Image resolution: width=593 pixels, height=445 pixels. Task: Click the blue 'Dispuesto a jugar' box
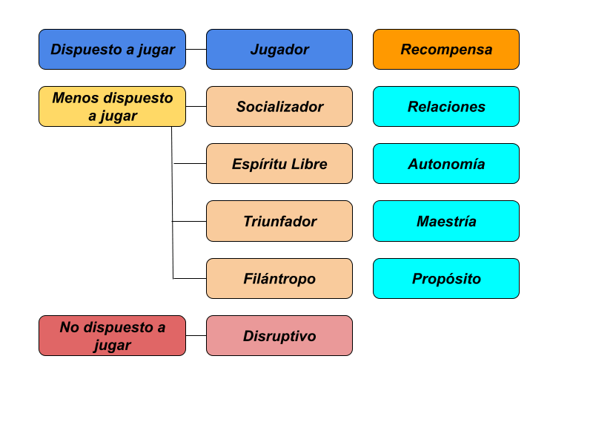(112, 50)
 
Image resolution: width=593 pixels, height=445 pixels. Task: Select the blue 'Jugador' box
(279, 50)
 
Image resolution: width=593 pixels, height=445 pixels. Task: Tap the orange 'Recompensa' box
(446, 50)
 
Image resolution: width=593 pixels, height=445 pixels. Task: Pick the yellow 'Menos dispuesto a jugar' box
(112, 107)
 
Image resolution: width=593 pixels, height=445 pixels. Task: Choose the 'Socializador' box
(279, 107)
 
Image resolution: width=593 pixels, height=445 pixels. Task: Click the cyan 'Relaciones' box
(446, 107)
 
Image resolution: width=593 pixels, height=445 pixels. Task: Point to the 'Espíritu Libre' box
(279, 164)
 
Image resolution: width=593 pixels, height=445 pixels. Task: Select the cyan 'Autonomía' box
(446, 164)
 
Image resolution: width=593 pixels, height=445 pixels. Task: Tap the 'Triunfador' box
(279, 221)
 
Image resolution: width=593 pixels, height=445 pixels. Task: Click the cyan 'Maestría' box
(446, 221)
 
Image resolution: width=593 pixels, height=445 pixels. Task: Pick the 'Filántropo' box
(279, 279)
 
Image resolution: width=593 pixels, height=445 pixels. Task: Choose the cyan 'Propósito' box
(446, 279)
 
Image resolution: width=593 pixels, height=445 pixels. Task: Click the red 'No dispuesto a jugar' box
(112, 336)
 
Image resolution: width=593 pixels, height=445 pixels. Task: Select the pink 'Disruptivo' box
(279, 336)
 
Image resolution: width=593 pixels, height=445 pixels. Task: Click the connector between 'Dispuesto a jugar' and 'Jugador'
(196, 50)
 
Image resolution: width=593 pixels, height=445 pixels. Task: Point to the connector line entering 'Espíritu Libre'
(190, 164)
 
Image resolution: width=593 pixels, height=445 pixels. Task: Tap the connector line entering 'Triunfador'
(190, 221)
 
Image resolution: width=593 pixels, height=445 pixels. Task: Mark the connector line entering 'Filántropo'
(190, 279)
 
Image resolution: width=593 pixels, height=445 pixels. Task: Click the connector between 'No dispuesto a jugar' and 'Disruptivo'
(196, 336)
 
